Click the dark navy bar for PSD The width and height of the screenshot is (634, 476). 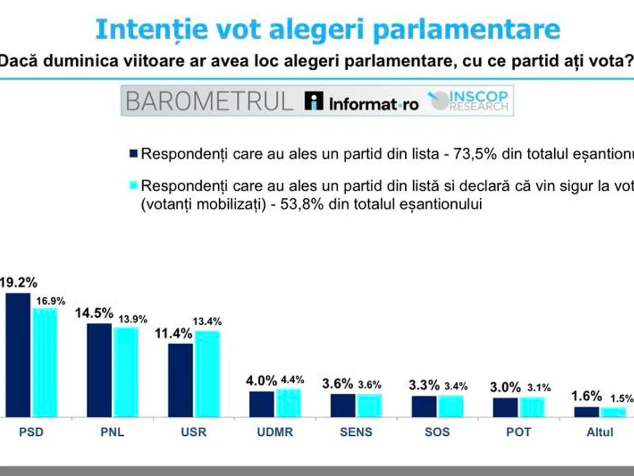coord(17,355)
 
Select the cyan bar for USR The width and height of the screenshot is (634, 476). coord(208,374)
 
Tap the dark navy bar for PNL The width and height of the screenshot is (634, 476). coord(99,370)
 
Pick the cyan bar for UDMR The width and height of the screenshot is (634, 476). coord(288,403)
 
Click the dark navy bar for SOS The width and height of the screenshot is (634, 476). coord(424,406)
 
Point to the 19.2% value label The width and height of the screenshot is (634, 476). coord(18,282)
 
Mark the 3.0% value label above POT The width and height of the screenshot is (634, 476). coord(502,386)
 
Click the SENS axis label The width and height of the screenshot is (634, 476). coord(356,432)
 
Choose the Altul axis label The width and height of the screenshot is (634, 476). coord(600,432)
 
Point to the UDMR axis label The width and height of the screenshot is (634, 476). coord(275,432)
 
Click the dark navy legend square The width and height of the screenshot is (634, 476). coord(133,154)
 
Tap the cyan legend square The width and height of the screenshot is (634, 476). coord(133,185)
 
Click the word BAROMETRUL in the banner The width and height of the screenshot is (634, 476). coord(209,101)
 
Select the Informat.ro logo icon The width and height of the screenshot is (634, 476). coord(314,100)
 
